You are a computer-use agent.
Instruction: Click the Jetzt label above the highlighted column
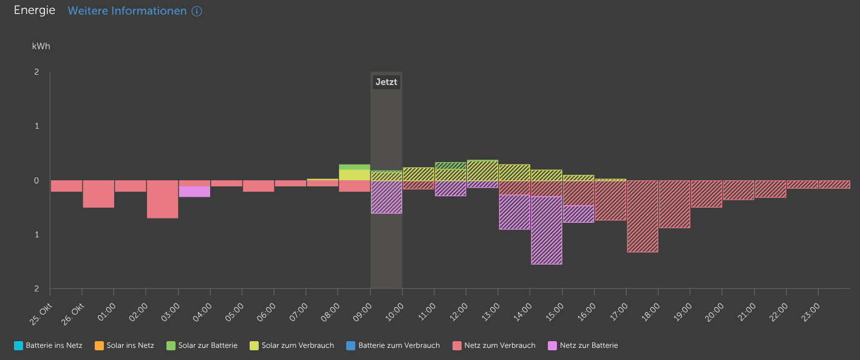(x=386, y=82)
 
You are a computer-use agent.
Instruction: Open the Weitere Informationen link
(x=127, y=11)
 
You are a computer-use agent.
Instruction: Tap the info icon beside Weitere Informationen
(x=197, y=12)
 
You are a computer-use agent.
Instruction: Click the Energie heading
(x=35, y=10)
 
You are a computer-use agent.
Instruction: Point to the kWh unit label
(x=41, y=46)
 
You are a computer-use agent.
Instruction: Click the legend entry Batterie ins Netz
(x=48, y=345)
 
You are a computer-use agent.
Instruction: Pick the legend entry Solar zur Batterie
(x=202, y=345)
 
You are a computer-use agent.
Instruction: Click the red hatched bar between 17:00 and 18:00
(x=643, y=216)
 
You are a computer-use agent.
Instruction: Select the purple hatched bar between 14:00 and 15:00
(x=547, y=230)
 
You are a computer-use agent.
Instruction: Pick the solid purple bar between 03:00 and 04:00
(x=194, y=191)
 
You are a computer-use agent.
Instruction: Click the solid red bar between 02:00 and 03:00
(x=162, y=199)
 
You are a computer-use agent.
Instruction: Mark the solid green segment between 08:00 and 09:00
(x=355, y=167)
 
